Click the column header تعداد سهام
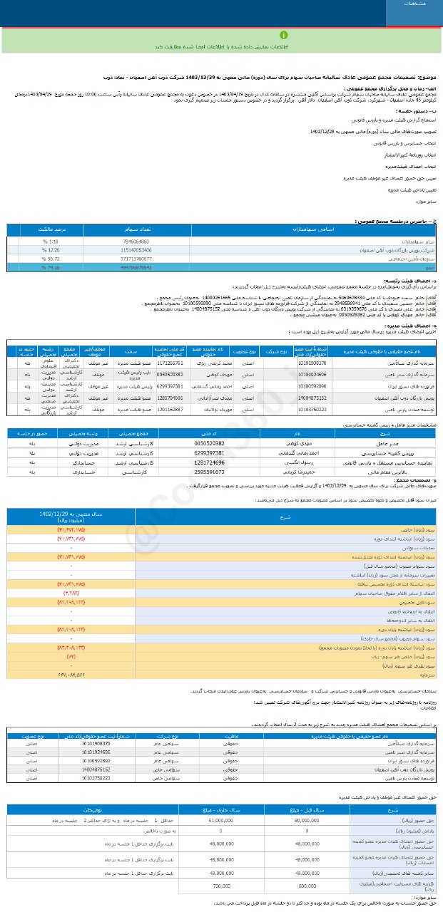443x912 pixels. point(137,231)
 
